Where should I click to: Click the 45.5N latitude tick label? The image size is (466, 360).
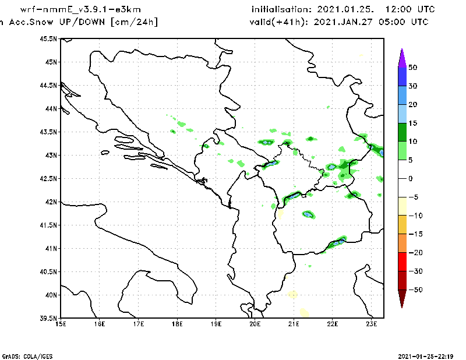(48, 39)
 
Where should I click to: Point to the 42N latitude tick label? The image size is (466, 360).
(51, 202)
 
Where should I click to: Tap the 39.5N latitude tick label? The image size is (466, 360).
(48, 319)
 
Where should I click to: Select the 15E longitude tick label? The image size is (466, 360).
(61, 323)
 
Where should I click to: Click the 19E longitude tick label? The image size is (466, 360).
(216, 323)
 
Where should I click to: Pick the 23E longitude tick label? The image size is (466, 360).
(372, 323)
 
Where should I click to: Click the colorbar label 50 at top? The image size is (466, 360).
(412, 68)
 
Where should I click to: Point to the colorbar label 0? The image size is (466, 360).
(410, 179)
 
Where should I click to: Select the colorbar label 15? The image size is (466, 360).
(412, 123)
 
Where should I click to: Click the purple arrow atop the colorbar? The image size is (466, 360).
(402, 57)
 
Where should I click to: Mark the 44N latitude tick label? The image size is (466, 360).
(51, 109)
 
